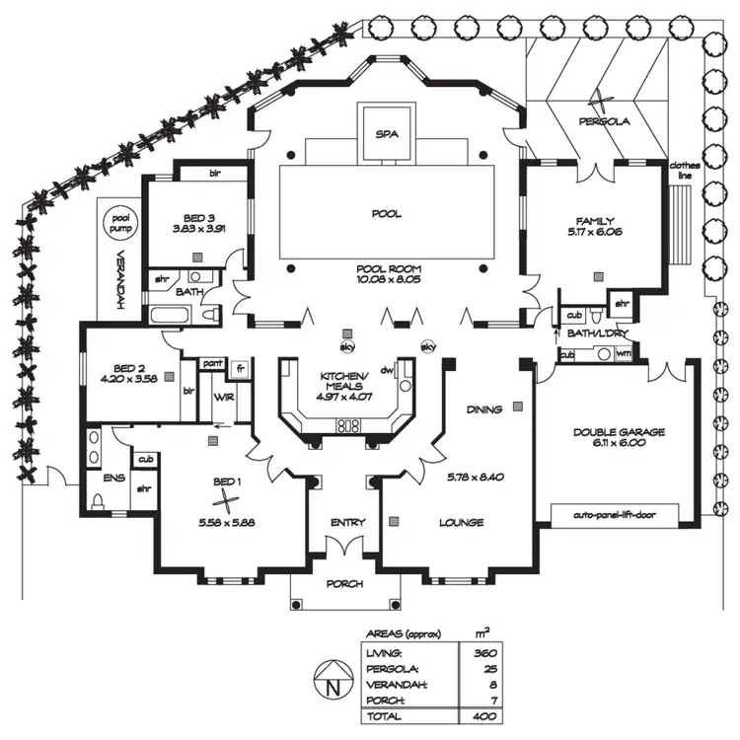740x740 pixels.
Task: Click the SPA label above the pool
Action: tap(386, 134)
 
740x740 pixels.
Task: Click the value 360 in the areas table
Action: tap(484, 652)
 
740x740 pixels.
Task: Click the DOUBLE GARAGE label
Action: tap(620, 431)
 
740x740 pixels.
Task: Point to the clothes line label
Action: tap(684, 171)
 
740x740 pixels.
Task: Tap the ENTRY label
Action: tap(347, 522)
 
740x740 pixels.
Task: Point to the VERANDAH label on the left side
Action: tap(116, 291)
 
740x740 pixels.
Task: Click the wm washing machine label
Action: tap(595, 353)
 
